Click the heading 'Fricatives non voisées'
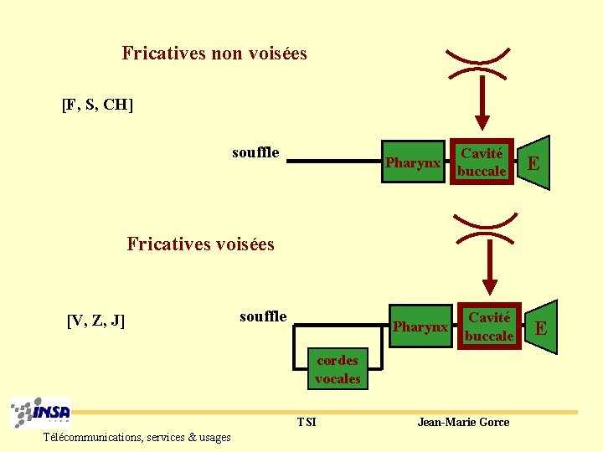[214, 54]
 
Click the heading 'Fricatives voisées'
[200, 244]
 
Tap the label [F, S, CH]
[98, 105]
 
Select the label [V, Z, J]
[95, 320]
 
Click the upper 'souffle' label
[255, 152]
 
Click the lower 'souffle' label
[263, 316]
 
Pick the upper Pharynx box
[412, 162]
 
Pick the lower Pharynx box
[420, 326]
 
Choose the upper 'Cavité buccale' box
[482, 162]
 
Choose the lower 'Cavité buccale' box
[489, 326]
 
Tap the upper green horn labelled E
[533, 162]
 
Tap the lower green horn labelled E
[541, 327]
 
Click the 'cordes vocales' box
[338, 369]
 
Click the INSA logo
[41, 413]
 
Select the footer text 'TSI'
[307, 422]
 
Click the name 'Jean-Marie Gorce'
[463, 422]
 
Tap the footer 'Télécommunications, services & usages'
[137, 437]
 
